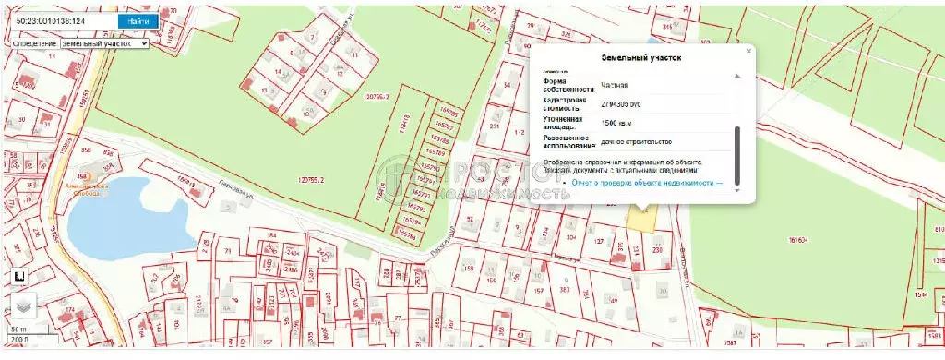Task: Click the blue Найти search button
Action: (138, 20)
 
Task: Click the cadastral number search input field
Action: (59, 20)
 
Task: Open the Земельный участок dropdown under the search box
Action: (103, 43)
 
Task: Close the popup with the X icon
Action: (748, 52)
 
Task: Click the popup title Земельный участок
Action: (641, 58)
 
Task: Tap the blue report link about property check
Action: (646, 182)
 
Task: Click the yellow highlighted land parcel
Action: (640, 218)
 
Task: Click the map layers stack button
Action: (21, 308)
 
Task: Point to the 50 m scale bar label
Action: (18, 330)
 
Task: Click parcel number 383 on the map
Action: (562, 290)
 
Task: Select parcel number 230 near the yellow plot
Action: (657, 247)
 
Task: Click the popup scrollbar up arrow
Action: (736, 76)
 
